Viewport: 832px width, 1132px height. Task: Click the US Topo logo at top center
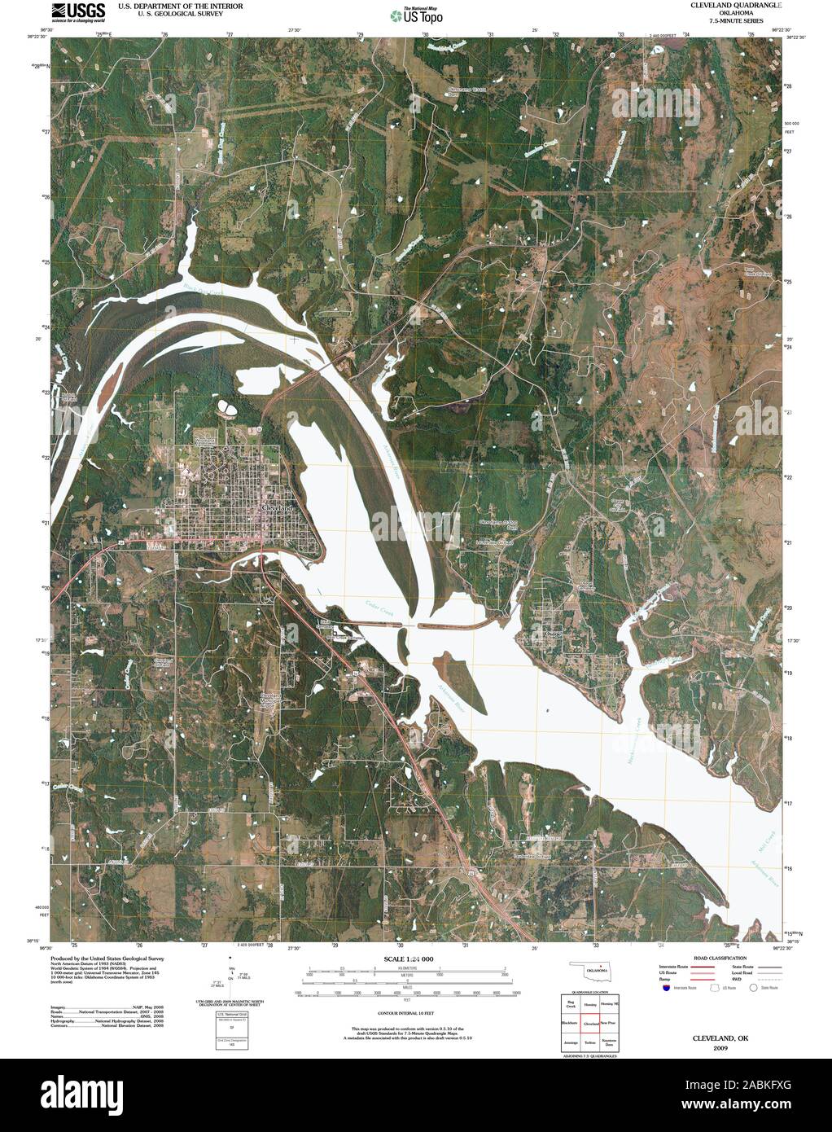tap(417, 15)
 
